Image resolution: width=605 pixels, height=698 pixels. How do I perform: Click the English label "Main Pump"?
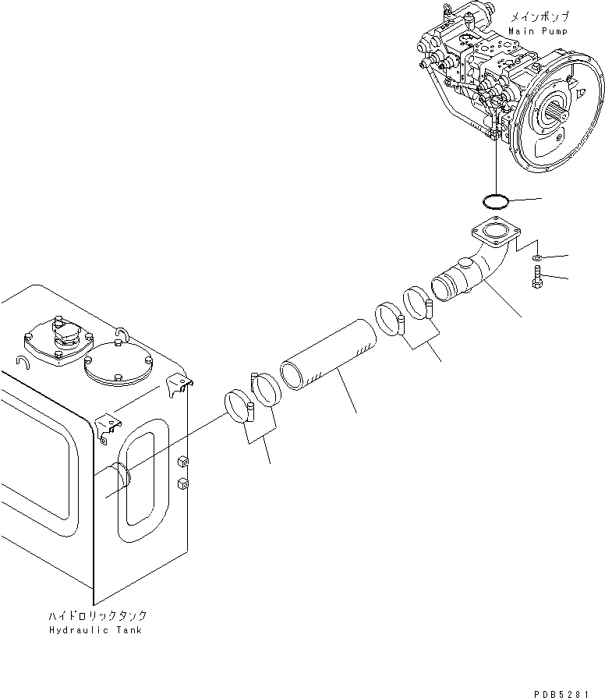pos(538,30)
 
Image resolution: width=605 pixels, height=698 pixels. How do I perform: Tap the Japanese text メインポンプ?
pos(538,16)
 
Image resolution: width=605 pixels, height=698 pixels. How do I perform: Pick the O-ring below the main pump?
pos(494,202)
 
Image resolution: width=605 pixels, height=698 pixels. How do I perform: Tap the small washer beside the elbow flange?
pos(538,257)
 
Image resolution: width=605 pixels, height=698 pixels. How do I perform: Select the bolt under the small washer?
pos(537,277)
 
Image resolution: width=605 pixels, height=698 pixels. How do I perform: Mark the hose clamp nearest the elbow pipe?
pos(419,303)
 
